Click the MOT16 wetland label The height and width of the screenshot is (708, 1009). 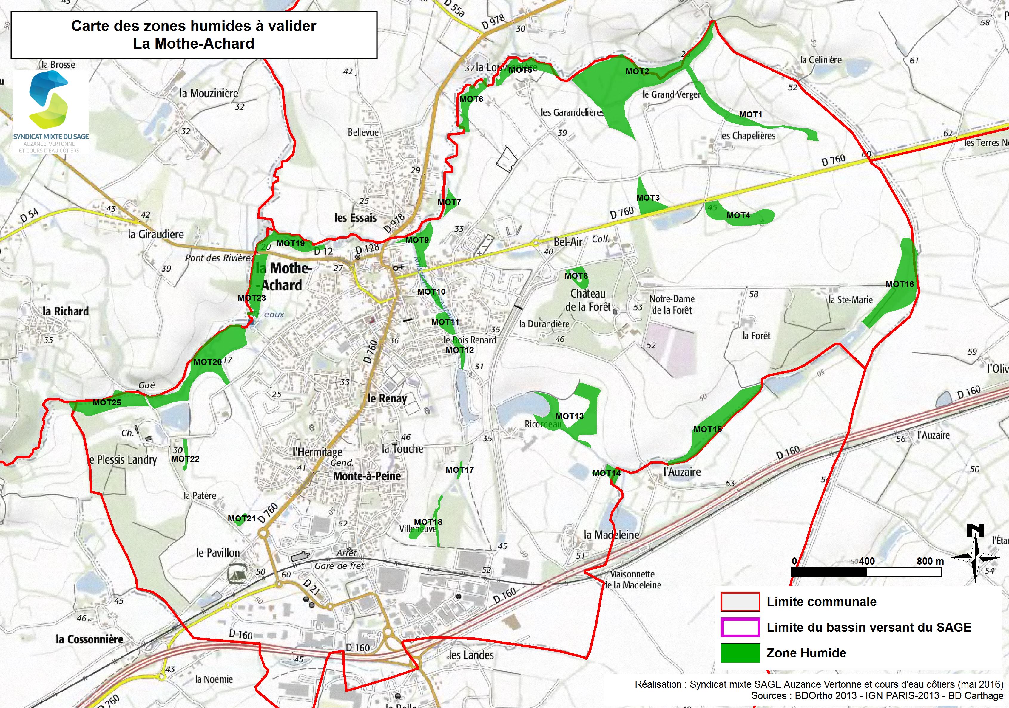[900, 284]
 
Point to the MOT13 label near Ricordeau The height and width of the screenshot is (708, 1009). [569, 416]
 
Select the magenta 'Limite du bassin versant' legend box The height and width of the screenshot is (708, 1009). [740, 627]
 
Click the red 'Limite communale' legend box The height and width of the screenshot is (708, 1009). [740, 602]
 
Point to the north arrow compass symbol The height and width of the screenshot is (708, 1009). [975, 553]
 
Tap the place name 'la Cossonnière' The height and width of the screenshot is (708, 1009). [90, 639]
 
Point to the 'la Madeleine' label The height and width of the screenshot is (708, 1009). [611, 535]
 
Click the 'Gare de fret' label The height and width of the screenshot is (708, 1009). [339, 566]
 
